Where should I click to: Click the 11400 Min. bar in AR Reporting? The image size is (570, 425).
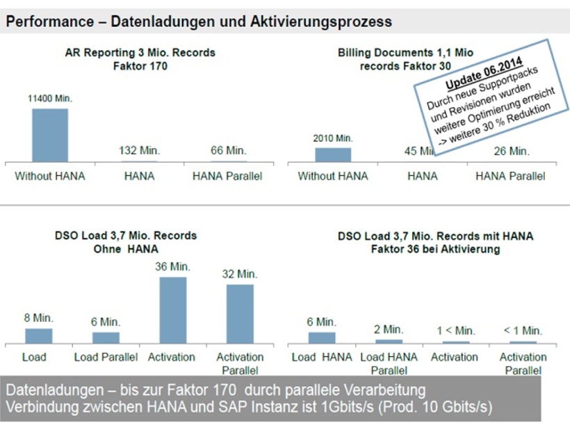pyautogui.click(x=50, y=135)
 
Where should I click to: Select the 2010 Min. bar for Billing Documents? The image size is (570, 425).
pyautogui.click(x=333, y=154)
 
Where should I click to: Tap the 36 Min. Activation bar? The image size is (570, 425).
pyautogui.click(x=173, y=310)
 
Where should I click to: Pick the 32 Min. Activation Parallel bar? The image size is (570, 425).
pyautogui.click(x=240, y=313)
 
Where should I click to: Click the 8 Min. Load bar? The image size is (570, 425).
pyautogui.click(x=39, y=336)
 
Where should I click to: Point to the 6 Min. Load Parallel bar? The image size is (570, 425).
pyautogui.click(x=106, y=337)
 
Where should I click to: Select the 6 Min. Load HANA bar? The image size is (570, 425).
pyautogui.click(x=322, y=337)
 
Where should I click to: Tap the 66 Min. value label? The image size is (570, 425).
pyautogui.click(x=227, y=151)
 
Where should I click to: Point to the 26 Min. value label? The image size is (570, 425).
pyautogui.click(x=511, y=151)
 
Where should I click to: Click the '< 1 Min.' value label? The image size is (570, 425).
pyautogui.click(x=523, y=330)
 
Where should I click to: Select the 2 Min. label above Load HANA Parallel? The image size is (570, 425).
pyautogui.click(x=389, y=329)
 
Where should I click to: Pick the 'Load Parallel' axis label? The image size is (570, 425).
pyautogui.click(x=106, y=357)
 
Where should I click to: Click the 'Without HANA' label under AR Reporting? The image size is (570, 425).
pyautogui.click(x=50, y=176)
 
